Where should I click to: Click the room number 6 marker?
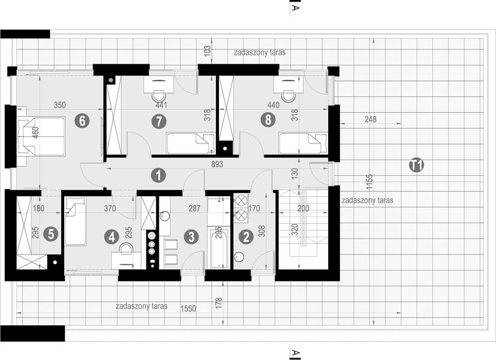tap(82, 121)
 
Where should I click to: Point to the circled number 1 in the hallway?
tap(158, 175)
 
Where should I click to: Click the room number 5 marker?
tap(52, 235)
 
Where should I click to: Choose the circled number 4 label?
tap(113, 236)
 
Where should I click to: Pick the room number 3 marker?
tap(191, 236)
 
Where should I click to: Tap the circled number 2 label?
tap(245, 236)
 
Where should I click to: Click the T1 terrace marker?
tap(416, 165)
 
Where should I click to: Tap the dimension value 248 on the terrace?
tap(370, 119)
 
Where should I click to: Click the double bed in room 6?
tap(41, 136)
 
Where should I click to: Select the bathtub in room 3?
tap(218, 246)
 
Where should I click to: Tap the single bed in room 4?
tap(75, 223)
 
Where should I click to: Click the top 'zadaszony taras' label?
tap(260, 53)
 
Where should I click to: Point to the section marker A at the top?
tap(294, 8)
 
